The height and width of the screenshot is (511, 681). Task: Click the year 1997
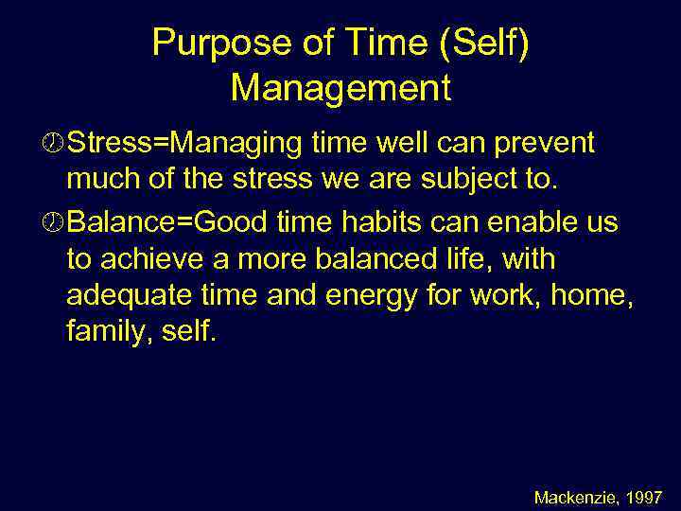click(x=645, y=496)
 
